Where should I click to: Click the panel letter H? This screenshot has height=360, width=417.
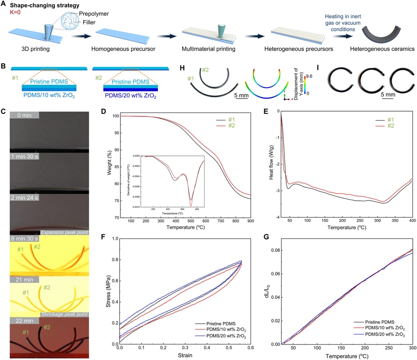[x=183, y=67]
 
